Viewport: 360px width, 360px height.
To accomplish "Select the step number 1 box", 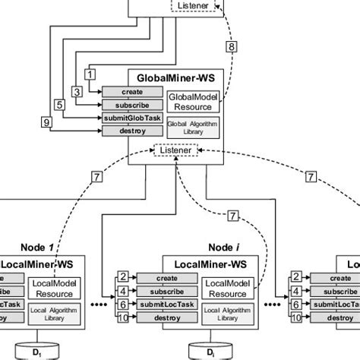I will [90, 74].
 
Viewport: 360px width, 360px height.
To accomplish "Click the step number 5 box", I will [60, 105].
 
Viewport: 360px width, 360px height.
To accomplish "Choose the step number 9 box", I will [46, 122].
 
